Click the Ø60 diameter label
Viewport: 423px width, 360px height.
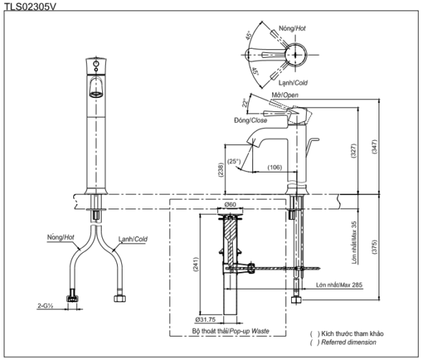(230, 205)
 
